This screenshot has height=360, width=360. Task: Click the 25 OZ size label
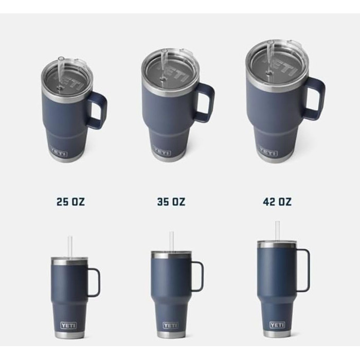click(x=70, y=202)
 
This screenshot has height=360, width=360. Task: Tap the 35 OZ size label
click(x=171, y=202)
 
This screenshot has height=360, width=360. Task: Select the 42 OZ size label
click(x=277, y=202)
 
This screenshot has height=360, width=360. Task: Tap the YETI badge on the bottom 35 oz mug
click(x=171, y=325)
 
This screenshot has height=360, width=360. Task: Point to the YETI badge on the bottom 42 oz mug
click(x=277, y=325)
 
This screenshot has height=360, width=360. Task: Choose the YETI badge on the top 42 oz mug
click(x=268, y=152)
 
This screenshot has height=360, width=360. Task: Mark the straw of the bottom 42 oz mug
click(x=278, y=230)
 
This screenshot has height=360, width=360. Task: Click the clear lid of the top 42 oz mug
click(x=278, y=64)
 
